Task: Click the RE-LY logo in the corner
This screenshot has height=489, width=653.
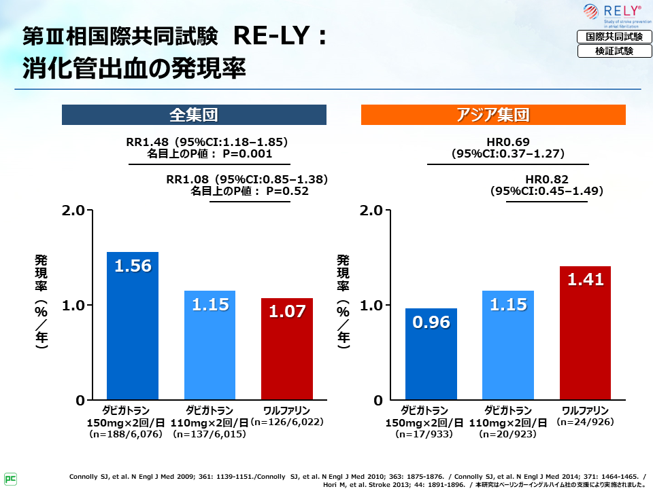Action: point(616,15)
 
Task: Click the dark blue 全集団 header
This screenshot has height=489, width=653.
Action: point(194,115)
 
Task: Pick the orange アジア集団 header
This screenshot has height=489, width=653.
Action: point(492,115)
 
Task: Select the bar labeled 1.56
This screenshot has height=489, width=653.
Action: point(133,325)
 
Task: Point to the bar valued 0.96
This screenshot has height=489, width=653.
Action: point(431,354)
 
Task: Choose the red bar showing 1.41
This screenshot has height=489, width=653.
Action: point(585,333)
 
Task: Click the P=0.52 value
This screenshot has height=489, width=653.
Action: point(288,191)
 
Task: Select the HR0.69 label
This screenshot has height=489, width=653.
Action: point(508,142)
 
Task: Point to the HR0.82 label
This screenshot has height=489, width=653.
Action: point(547,179)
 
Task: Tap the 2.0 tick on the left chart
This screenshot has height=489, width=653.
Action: point(73,210)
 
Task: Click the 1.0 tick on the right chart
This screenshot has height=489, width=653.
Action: point(373,305)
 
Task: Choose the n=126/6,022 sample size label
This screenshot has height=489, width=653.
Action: point(286,422)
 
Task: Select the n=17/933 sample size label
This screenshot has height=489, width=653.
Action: point(432,434)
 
